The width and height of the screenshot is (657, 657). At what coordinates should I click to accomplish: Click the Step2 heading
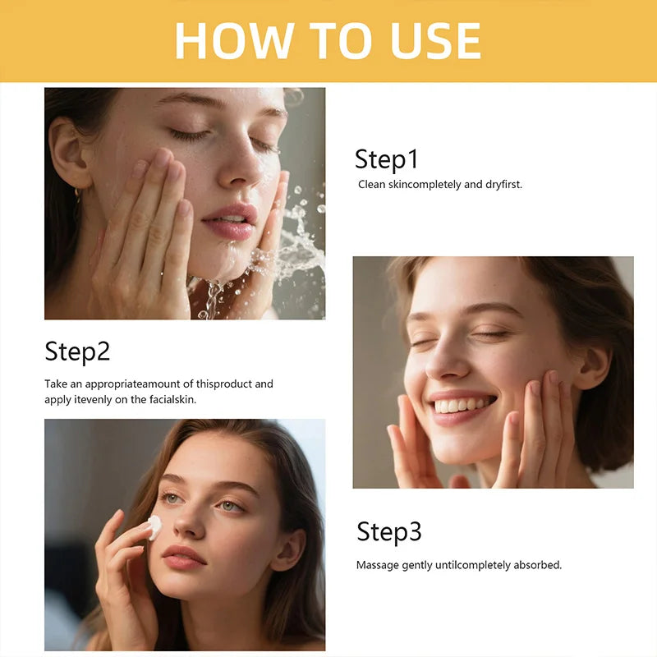pyautogui.click(x=77, y=351)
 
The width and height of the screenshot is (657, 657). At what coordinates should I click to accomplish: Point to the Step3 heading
pyautogui.click(x=389, y=532)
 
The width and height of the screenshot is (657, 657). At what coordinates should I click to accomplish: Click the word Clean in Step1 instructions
pyautogui.click(x=372, y=185)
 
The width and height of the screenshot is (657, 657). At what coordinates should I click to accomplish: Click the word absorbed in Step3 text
pyautogui.click(x=536, y=565)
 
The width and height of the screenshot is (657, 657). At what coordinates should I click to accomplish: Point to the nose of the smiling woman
pyautogui.click(x=448, y=365)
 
